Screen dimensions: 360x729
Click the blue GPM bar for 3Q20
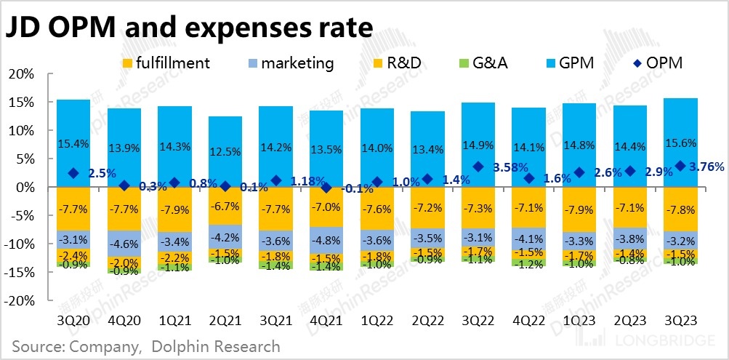(73, 143)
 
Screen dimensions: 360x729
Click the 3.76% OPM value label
(706, 167)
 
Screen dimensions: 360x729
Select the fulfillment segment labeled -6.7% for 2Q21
(225, 206)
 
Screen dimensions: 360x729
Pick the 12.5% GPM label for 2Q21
(225, 151)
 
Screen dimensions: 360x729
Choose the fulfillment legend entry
(168, 63)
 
